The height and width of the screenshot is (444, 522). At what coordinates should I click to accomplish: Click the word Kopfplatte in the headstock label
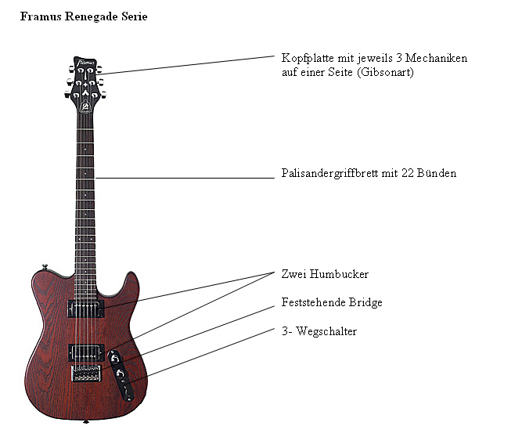[x=308, y=58]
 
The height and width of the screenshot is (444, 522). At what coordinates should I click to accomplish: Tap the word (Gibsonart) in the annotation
[x=385, y=72]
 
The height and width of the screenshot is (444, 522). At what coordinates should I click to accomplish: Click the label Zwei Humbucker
[x=325, y=274]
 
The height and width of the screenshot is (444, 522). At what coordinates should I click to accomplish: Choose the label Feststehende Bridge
[x=332, y=302]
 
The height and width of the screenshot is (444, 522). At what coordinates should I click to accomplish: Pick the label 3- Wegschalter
[x=319, y=331]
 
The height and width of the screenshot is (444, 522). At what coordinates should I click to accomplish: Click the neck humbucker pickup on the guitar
[x=85, y=309]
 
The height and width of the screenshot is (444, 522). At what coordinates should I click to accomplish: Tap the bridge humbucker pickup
[x=86, y=352]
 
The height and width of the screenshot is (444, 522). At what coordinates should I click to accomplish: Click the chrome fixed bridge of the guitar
[x=86, y=373]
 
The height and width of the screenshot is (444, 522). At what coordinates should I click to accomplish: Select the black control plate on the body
[x=121, y=375]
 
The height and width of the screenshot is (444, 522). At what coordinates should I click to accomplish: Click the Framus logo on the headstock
[x=85, y=63]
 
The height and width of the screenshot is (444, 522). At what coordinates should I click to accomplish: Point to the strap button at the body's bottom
[x=85, y=422]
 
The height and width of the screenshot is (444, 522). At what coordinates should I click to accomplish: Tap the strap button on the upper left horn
[x=45, y=266]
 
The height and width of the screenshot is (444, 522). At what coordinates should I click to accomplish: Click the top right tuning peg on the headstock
[x=99, y=70]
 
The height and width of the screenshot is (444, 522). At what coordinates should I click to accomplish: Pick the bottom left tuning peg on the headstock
[x=67, y=95]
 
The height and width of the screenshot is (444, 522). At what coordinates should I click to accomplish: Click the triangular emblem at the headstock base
[x=85, y=106]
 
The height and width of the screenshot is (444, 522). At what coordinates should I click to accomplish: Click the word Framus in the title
[x=41, y=16]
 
